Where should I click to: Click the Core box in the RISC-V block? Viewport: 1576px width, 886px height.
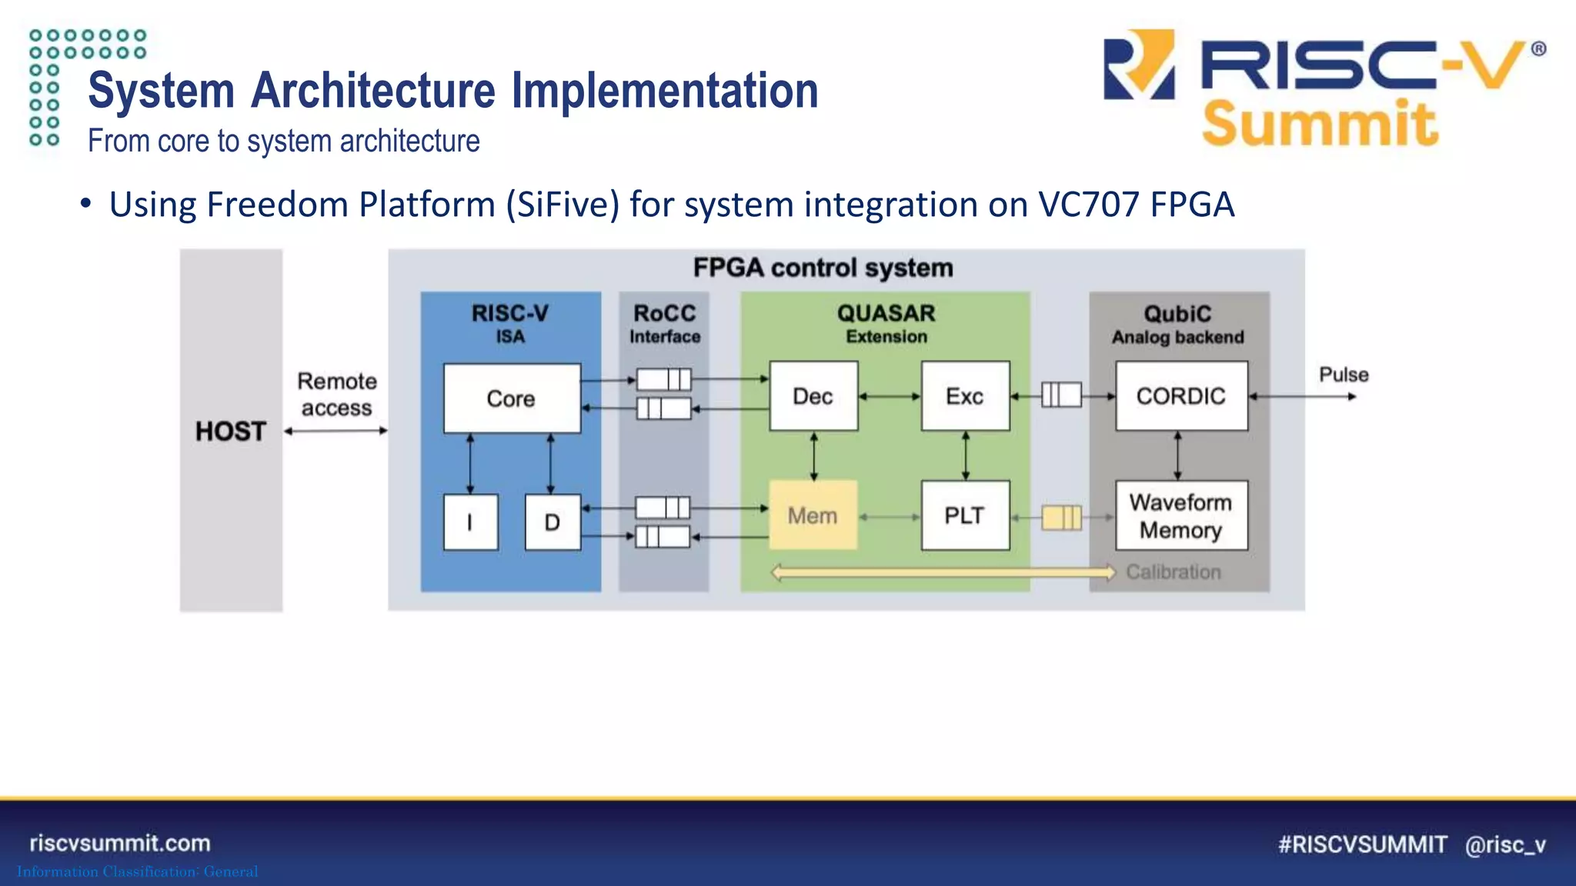(512, 398)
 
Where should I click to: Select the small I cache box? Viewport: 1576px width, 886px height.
(470, 522)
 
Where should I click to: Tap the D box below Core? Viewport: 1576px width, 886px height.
(553, 522)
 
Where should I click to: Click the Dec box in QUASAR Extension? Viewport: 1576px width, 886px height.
(813, 396)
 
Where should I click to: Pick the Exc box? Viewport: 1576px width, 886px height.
(965, 396)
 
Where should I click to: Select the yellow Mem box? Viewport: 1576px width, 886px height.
(813, 515)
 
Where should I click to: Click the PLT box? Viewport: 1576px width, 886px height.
(965, 515)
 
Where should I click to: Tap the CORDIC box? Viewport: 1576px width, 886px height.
(1181, 396)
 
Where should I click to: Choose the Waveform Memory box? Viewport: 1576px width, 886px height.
(1181, 516)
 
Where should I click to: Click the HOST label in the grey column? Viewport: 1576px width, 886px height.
(230, 431)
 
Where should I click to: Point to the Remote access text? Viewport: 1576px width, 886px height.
(337, 395)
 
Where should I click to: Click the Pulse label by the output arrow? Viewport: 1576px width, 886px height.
(1344, 375)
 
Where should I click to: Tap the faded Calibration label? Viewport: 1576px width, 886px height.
(1174, 572)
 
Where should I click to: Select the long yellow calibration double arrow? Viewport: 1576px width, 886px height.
(943, 572)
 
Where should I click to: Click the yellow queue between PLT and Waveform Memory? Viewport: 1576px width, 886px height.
(1061, 518)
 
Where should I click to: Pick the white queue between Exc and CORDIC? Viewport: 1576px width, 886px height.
(1061, 395)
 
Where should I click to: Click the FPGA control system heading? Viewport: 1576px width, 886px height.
(823, 268)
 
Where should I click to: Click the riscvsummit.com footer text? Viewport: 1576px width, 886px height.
(120, 843)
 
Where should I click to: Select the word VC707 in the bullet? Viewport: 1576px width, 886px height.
(1088, 205)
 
